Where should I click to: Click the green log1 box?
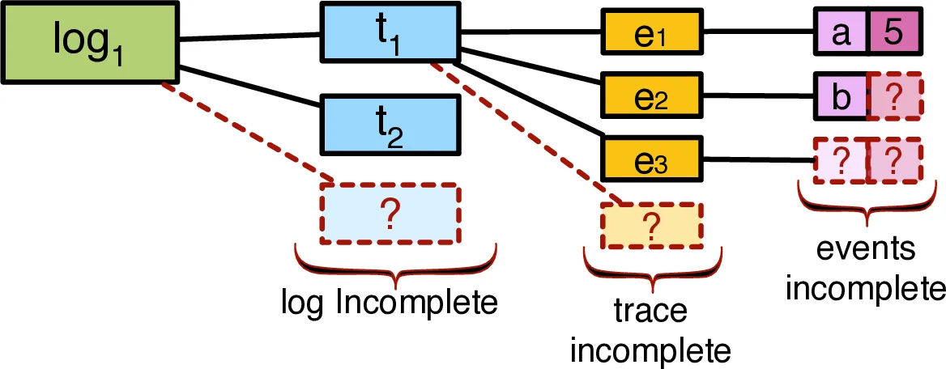(x=88, y=40)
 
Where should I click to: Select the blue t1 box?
(x=390, y=33)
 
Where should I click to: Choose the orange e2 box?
(x=651, y=95)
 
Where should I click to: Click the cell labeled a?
(x=840, y=34)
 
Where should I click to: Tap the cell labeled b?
(x=840, y=96)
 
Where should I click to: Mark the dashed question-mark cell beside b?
(x=894, y=96)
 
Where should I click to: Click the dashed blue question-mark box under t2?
(x=390, y=214)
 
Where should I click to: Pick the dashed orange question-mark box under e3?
(x=651, y=225)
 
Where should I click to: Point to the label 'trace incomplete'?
(x=651, y=332)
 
